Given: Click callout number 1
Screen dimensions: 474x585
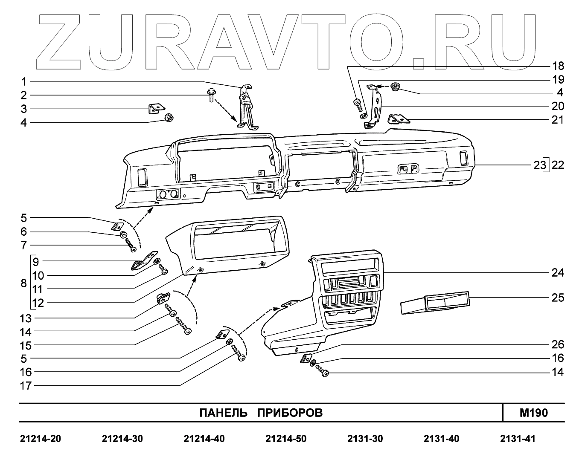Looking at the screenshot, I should [x=24, y=81].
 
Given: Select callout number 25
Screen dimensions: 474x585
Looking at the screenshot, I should [x=558, y=297].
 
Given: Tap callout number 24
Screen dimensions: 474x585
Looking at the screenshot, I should [x=558, y=272].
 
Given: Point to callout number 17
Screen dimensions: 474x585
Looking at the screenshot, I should [x=26, y=386].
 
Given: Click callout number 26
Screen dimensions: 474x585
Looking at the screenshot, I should [x=558, y=344].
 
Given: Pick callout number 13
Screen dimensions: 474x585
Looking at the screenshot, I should [x=26, y=318].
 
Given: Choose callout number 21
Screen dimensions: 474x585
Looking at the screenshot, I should [x=558, y=120].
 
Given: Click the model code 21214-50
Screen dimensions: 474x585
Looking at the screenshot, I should [x=285, y=439].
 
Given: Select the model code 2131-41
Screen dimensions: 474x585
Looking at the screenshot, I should [x=518, y=439].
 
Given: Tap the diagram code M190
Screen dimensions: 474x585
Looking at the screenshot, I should [x=533, y=413].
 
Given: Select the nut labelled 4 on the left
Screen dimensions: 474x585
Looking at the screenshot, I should [x=168, y=117].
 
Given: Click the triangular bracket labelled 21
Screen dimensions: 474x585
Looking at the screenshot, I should [x=399, y=118].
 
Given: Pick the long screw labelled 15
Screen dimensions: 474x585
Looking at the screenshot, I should [x=183, y=327].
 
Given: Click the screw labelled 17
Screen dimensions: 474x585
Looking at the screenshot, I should [x=238, y=353].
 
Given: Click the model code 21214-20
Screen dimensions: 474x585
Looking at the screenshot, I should [x=41, y=439].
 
